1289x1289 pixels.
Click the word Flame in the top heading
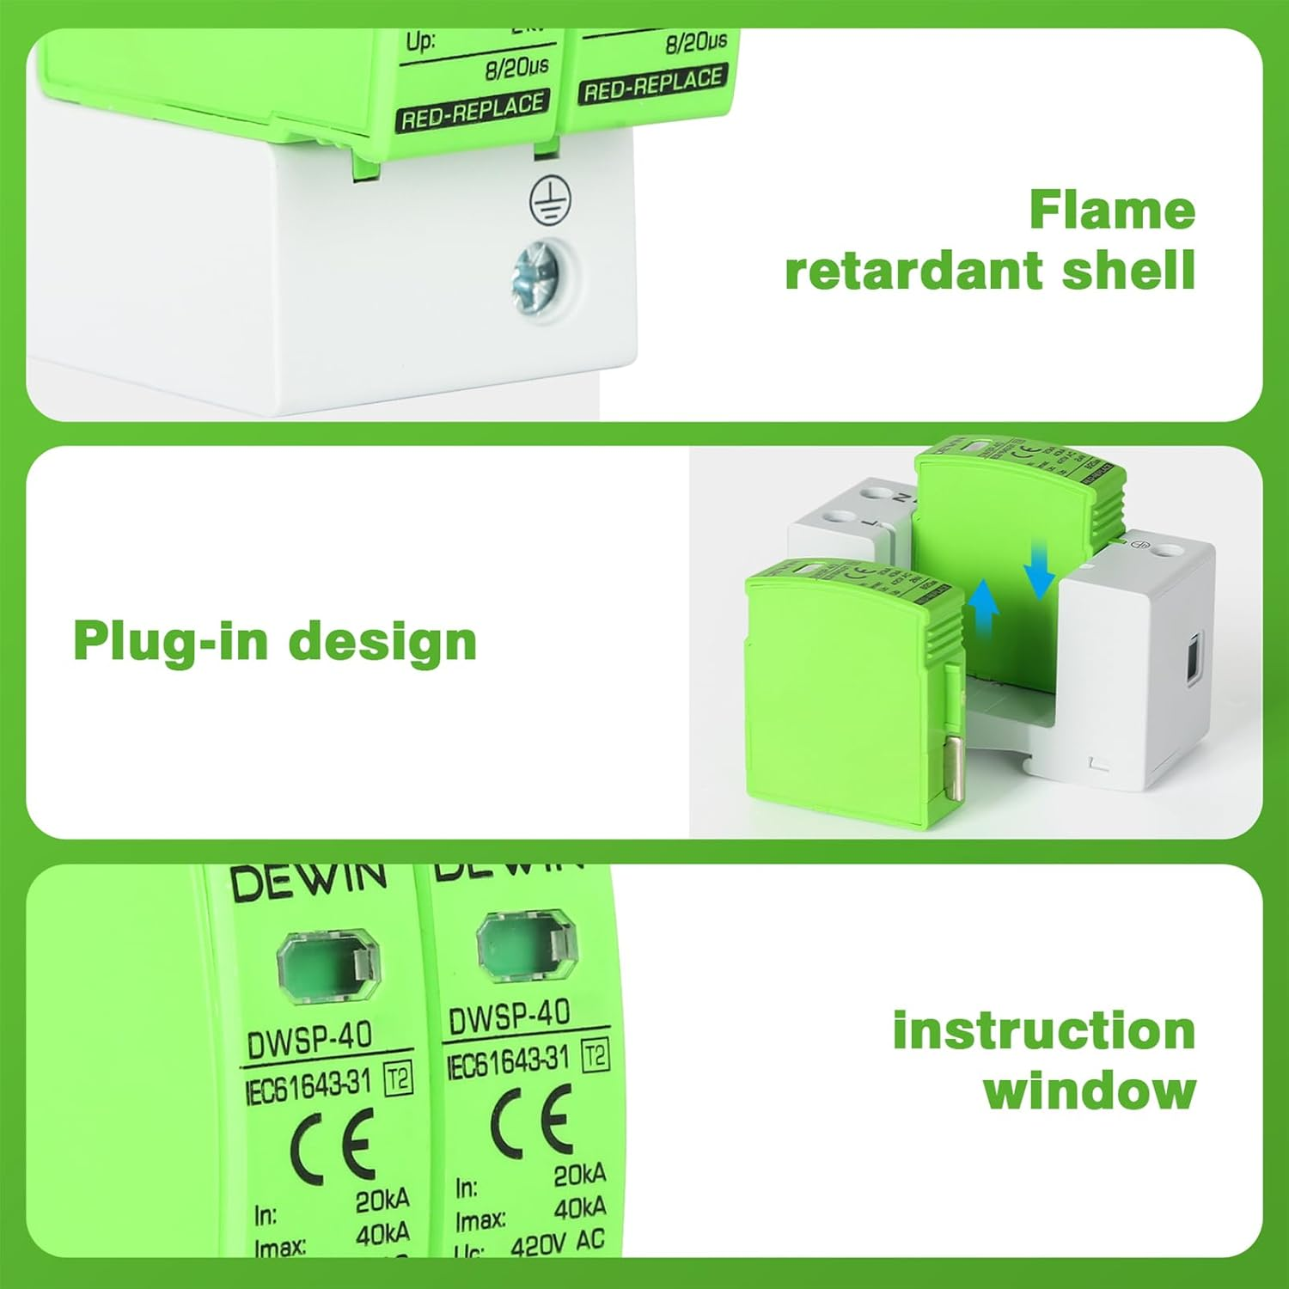(1112, 211)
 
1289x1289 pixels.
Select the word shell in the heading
(1128, 271)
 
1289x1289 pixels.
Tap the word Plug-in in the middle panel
(170, 642)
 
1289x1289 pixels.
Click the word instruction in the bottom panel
(1044, 1030)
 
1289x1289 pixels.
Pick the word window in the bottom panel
(1090, 1090)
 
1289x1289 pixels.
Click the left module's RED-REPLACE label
(472, 113)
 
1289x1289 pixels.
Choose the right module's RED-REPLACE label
(653, 84)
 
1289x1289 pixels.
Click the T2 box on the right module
(595, 1055)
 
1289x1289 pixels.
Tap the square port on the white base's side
(1194, 657)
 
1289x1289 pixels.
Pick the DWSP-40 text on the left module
(309, 1041)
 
